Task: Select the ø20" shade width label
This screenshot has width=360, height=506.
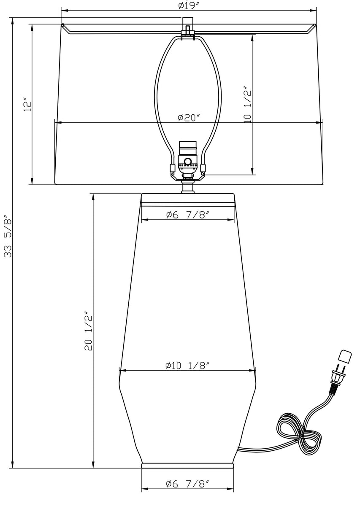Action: [x=188, y=118]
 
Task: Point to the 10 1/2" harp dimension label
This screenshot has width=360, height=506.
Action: [x=247, y=105]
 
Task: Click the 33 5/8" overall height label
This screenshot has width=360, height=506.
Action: [x=8, y=237]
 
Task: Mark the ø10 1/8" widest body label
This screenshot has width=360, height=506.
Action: [x=187, y=366]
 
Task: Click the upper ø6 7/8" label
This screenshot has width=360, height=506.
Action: [x=187, y=215]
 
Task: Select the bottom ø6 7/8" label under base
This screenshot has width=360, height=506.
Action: [x=187, y=484]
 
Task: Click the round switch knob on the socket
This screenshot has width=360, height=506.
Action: [x=187, y=161]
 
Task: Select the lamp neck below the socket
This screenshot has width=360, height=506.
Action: [x=187, y=187]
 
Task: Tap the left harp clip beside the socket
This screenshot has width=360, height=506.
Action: [x=172, y=169]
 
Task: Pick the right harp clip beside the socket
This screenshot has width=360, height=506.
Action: [x=203, y=169]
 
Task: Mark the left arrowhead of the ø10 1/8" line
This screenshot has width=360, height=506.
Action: [x=123, y=371]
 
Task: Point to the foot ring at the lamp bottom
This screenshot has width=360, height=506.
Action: [x=187, y=466]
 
